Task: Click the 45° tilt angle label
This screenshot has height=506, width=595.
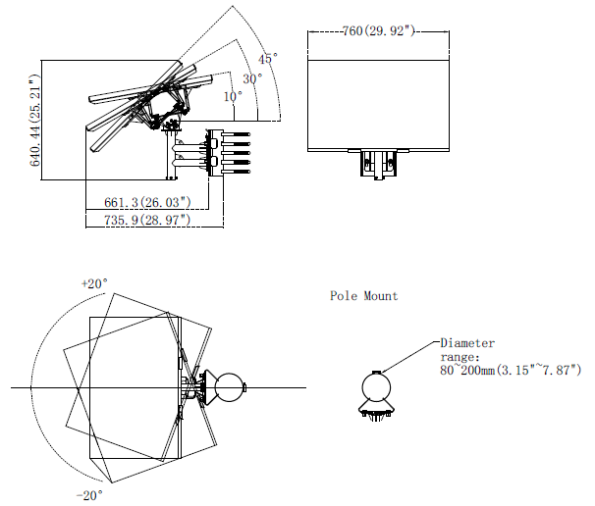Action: (x=268, y=59)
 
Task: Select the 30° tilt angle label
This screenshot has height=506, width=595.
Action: (x=252, y=78)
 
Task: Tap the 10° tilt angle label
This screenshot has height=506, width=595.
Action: (x=233, y=97)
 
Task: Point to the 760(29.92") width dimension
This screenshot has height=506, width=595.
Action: (x=378, y=30)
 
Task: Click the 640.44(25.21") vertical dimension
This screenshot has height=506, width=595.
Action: (x=35, y=121)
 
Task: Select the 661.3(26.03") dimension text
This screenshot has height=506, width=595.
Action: (x=147, y=202)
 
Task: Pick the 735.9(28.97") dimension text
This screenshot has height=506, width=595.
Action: (x=147, y=220)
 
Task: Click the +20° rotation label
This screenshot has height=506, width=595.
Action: (x=94, y=283)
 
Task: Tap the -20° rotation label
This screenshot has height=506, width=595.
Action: (x=89, y=495)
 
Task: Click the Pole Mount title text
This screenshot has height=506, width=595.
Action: (x=364, y=295)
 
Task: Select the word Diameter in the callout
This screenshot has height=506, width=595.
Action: (x=467, y=343)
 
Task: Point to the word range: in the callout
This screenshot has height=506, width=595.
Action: (x=460, y=357)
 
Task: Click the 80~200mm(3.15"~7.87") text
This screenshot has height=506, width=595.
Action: (x=511, y=370)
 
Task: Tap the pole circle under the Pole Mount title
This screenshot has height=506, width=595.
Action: (x=376, y=387)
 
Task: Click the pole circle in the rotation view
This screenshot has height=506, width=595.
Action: (x=229, y=387)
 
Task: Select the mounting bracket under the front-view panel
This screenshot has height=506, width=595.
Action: (x=378, y=164)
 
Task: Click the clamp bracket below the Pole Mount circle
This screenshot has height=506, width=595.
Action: (x=376, y=410)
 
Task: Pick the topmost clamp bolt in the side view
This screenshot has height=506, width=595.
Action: (x=236, y=134)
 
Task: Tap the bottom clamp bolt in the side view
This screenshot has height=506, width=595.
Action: (x=236, y=172)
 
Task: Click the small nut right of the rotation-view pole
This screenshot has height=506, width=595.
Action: (x=245, y=387)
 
